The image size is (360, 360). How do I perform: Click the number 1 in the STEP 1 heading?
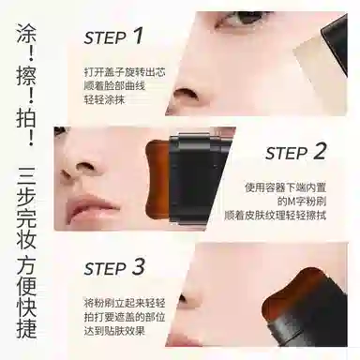[x=138, y=35]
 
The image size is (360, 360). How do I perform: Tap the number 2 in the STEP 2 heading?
[x=318, y=151]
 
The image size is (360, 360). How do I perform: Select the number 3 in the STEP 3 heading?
[x=138, y=267]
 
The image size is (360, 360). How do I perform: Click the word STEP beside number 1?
[x=105, y=38]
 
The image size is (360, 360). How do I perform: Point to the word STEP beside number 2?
[x=287, y=154]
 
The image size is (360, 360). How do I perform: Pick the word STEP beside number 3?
[x=105, y=269]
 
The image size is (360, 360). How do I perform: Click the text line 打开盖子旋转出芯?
[x=125, y=72]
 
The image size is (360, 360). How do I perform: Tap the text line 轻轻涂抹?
[x=104, y=99]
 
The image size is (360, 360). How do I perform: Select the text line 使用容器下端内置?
[x=285, y=187]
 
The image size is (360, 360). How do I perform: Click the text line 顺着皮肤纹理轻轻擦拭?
[x=275, y=216]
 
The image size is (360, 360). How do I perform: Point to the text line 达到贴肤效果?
[x=114, y=330]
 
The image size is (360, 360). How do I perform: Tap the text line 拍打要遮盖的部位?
[x=125, y=317]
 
